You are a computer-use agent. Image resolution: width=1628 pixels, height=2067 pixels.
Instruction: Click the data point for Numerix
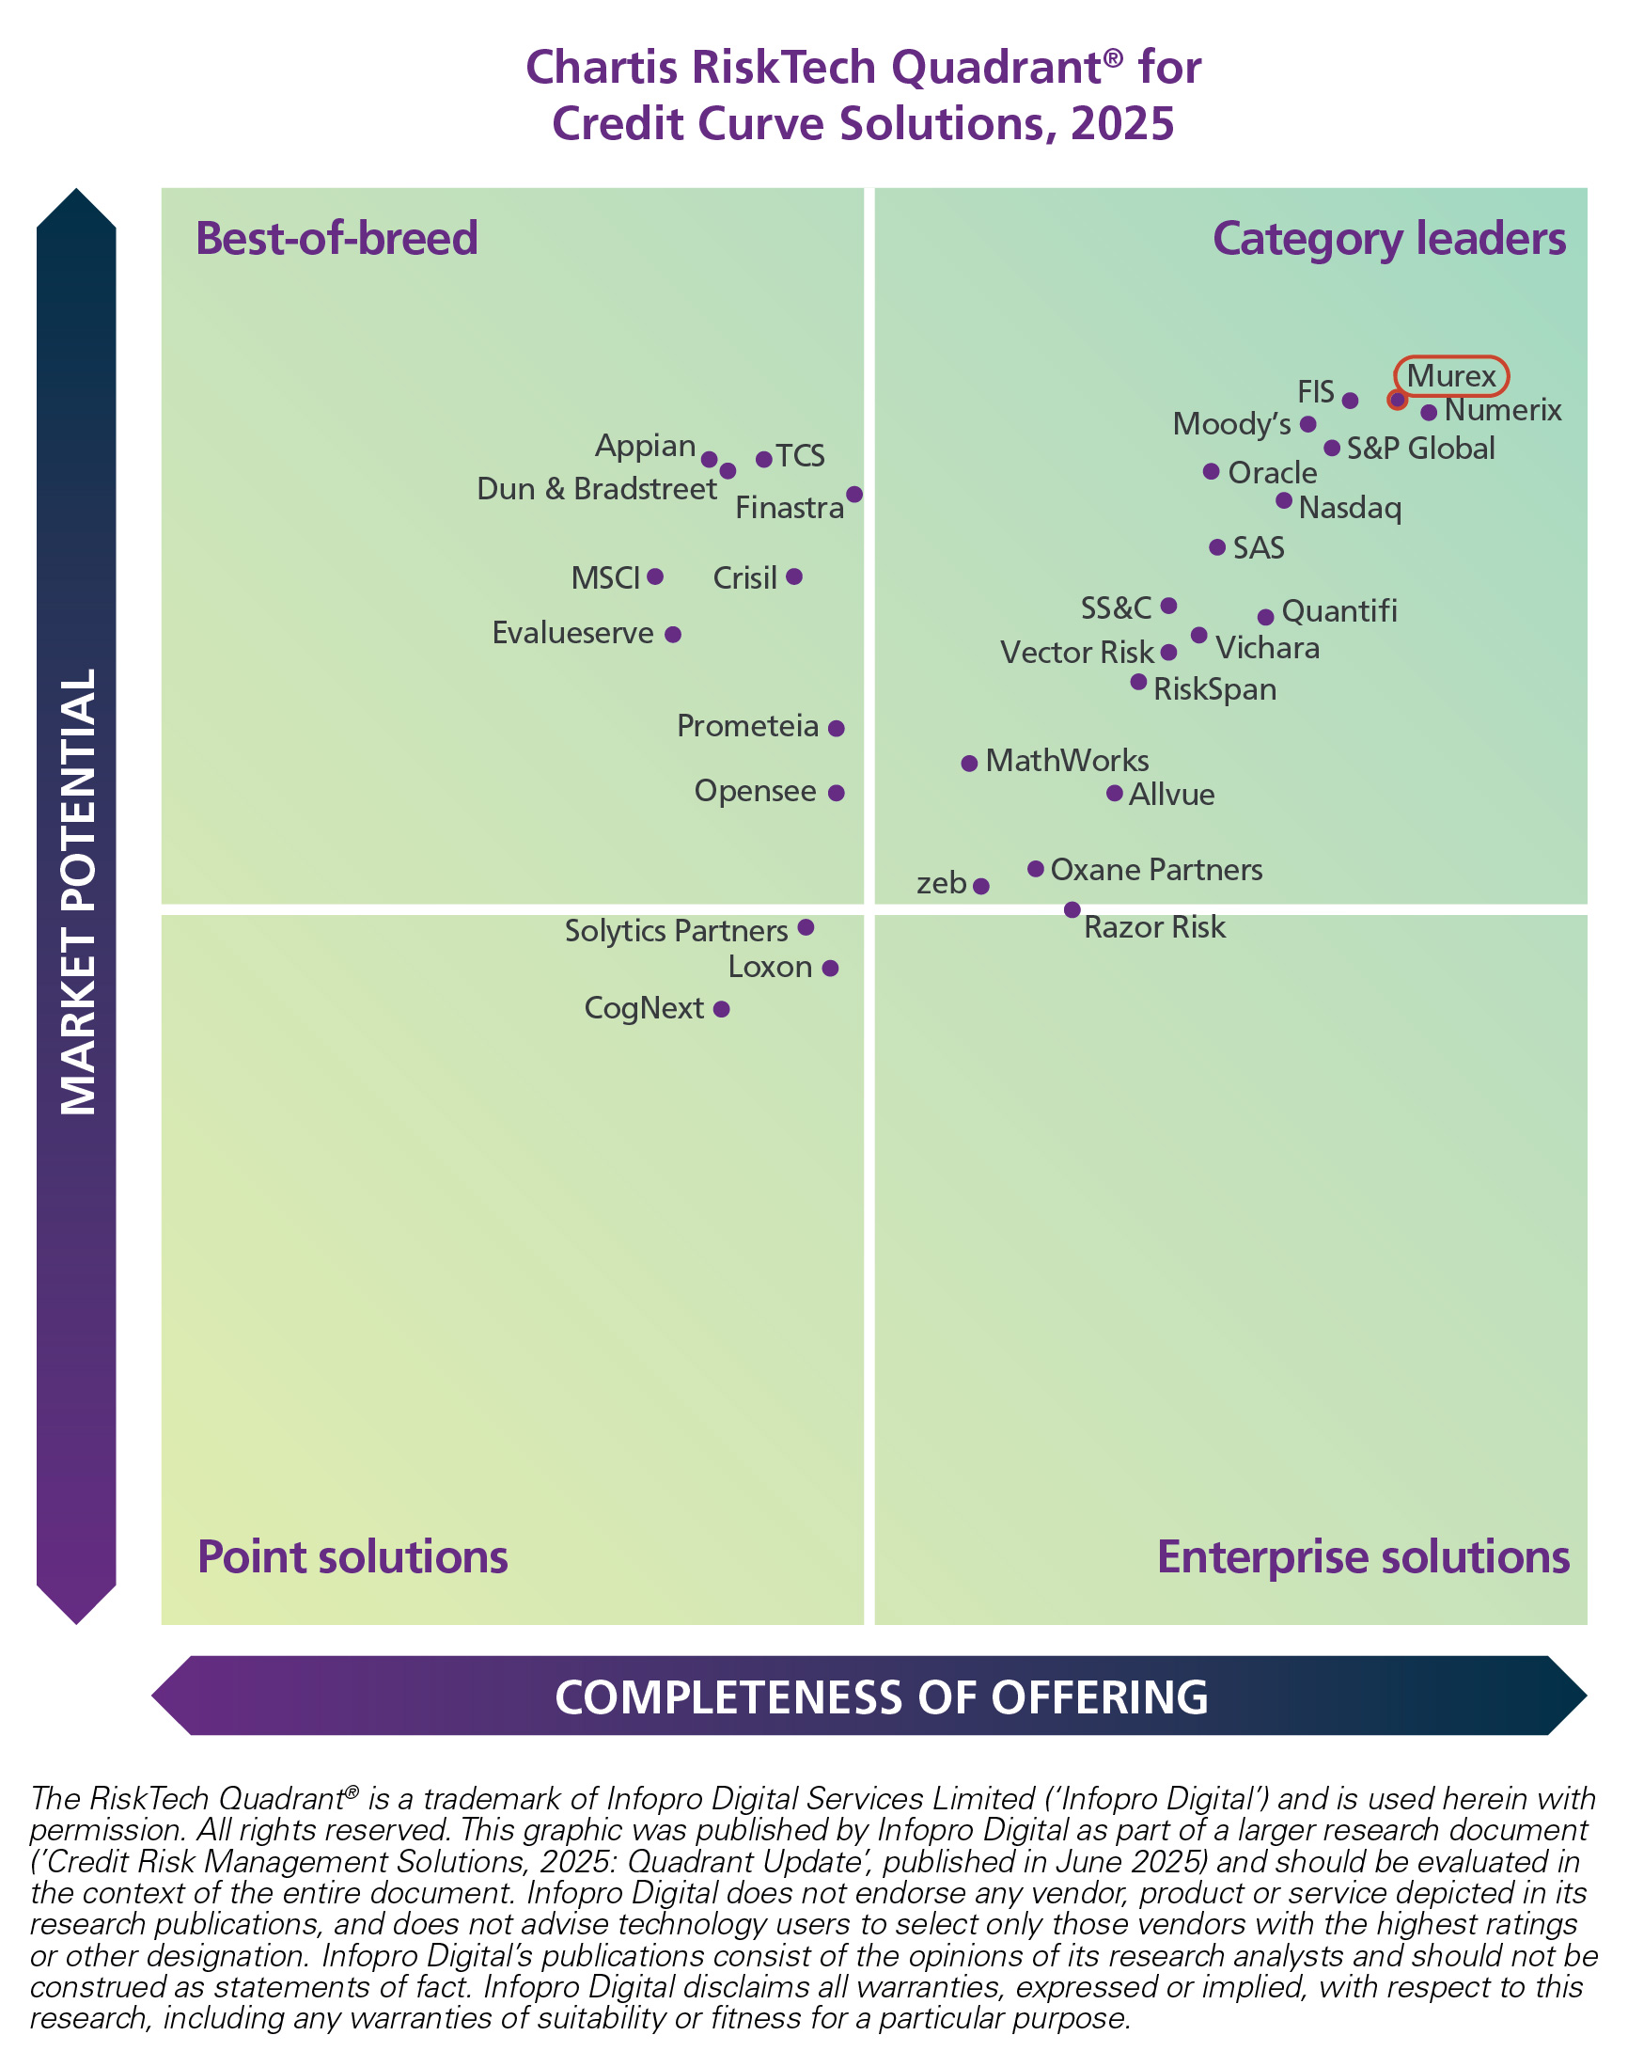point(1429,413)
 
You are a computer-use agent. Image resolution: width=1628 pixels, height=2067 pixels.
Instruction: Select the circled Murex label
point(1450,375)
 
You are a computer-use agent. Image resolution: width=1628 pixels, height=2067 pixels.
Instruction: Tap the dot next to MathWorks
point(969,764)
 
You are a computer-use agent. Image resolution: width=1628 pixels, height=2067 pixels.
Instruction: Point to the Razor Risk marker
point(1072,910)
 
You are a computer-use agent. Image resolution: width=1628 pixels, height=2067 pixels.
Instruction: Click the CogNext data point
point(722,1010)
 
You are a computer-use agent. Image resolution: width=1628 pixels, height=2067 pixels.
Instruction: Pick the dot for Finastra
point(855,495)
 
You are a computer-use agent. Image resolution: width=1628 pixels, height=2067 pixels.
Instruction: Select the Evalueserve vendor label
point(571,633)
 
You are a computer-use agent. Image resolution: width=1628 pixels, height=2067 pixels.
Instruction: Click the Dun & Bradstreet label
point(597,489)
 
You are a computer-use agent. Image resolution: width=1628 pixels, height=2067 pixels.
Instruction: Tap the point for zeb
point(981,887)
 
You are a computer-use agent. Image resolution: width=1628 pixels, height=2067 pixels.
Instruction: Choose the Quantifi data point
point(1266,618)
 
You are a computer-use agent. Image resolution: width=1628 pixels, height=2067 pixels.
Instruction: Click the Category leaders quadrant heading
point(1388,239)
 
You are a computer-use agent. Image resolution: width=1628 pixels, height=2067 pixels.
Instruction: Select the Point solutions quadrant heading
point(352,1557)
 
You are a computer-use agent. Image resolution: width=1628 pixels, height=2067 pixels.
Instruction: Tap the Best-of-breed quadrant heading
point(337,239)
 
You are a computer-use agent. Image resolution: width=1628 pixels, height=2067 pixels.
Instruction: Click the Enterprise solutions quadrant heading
point(1363,1557)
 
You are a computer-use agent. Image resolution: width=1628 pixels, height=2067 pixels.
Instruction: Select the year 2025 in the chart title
point(1122,124)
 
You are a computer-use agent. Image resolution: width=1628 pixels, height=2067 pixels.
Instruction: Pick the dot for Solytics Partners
point(806,927)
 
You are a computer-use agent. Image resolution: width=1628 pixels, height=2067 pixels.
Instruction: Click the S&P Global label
point(1420,449)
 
